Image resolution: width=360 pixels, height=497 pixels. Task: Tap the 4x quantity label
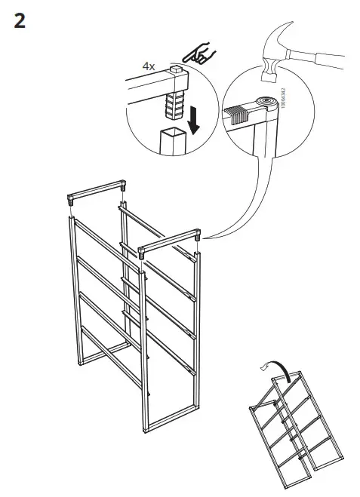tap(149, 66)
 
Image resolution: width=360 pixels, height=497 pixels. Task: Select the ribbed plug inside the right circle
tap(238, 112)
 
